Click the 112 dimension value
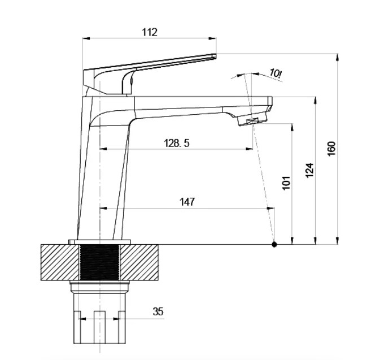[150, 32]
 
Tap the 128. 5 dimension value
[177, 143]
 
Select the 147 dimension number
[187, 202]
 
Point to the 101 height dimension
[286, 183]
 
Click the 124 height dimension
[309, 170]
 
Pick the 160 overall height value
[331, 149]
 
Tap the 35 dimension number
[158, 311]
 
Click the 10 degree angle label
[276, 73]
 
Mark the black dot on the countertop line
[274, 244]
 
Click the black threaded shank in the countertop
[99, 262]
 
